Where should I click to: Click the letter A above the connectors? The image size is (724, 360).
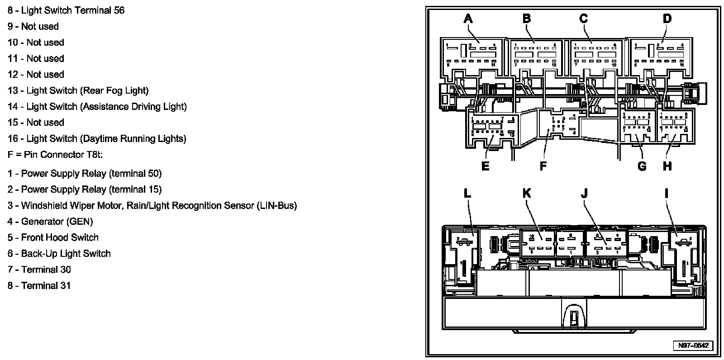tap(468, 19)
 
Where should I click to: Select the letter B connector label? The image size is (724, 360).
tap(526, 19)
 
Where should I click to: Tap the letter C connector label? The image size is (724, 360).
tap(583, 19)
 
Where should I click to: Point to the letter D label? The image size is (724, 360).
tap(667, 19)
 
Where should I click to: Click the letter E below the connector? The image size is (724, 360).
tap(485, 166)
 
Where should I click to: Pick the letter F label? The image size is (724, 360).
tap(543, 166)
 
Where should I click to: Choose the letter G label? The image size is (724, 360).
tap(642, 166)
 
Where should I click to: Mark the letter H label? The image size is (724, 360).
tap(667, 166)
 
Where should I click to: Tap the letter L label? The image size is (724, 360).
tap(467, 194)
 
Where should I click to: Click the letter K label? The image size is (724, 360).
tap(526, 194)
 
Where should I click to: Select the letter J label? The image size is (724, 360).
tap(584, 194)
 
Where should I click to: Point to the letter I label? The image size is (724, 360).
tap(667, 194)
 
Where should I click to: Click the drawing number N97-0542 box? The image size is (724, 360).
tap(692, 346)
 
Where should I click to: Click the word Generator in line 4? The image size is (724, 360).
tap(43, 222)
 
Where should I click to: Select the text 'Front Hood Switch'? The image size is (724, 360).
tap(60, 237)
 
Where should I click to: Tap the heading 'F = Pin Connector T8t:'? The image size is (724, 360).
tap(55, 155)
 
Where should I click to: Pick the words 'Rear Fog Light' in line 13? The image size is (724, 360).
tap(114, 90)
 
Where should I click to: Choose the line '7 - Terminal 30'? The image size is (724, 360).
tap(39, 270)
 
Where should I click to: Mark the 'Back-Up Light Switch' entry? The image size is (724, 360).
tap(66, 254)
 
